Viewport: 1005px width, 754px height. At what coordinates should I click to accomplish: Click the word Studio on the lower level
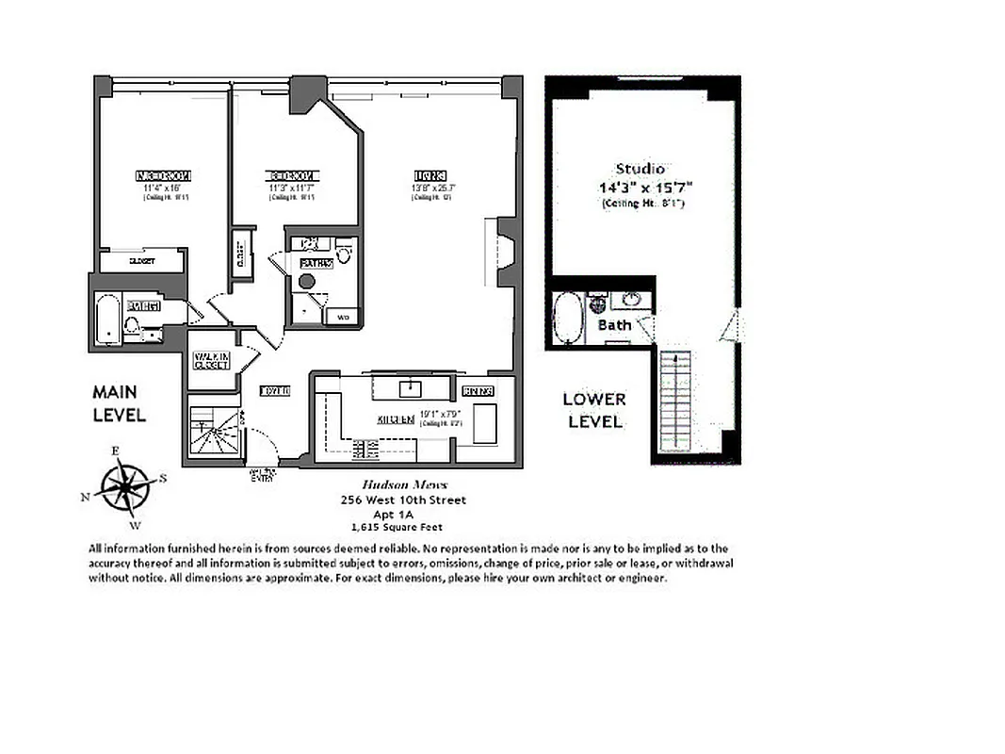(640, 169)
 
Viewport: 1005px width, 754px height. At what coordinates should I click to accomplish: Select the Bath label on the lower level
(614, 325)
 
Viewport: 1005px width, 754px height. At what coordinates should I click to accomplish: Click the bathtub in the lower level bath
(568, 319)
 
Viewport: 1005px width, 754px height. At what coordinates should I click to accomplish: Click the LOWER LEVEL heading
(593, 411)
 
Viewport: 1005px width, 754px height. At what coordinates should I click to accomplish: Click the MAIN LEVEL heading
(119, 403)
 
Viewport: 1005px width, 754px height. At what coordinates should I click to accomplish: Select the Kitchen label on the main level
(397, 419)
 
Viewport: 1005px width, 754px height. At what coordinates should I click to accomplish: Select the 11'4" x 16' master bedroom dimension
(165, 188)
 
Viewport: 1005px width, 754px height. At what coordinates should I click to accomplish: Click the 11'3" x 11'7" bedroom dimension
(293, 188)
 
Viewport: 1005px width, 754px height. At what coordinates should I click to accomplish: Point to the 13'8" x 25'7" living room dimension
(429, 188)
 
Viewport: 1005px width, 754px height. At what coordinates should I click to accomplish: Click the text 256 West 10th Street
(403, 500)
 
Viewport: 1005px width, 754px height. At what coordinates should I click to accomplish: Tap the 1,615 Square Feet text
(396, 528)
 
